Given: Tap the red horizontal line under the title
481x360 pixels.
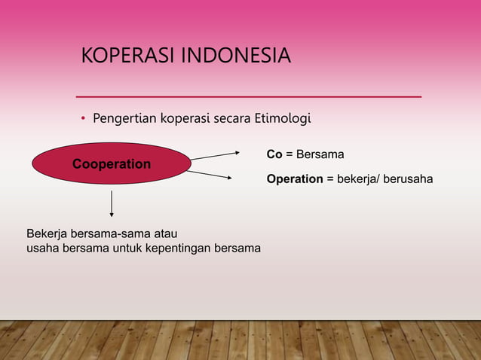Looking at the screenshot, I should click(x=249, y=97).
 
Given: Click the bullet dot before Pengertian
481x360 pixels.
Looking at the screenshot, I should click(x=84, y=119).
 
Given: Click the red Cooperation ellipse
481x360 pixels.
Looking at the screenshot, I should click(x=111, y=164).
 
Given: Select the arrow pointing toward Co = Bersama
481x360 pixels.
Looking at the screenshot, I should click(x=214, y=155).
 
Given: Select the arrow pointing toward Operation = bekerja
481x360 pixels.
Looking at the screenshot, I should click(x=210, y=175).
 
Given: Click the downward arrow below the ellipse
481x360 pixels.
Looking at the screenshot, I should click(x=112, y=204).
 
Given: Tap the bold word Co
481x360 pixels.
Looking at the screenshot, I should click(x=274, y=154).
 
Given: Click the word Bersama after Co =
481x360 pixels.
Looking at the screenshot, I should click(x=320, y=154).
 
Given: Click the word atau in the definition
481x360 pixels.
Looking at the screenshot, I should click(x=165, y=233).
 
